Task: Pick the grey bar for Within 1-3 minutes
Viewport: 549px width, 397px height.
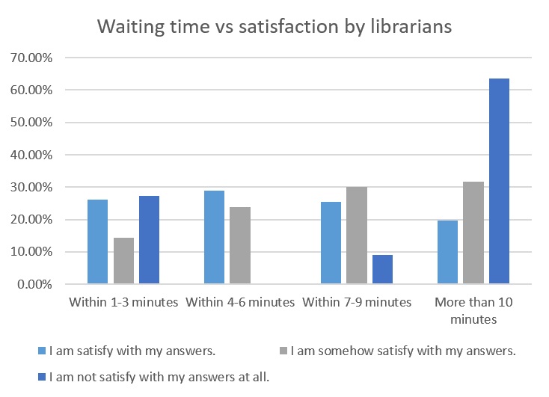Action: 123,261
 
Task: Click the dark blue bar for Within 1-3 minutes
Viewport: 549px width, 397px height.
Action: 149,240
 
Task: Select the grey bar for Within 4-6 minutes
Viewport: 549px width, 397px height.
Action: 239,245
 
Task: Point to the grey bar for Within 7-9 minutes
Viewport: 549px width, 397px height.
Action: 356,236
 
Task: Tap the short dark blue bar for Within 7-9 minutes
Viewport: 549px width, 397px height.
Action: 382,269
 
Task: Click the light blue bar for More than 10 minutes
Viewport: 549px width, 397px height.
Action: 447,252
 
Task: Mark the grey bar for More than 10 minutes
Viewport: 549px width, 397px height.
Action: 473,233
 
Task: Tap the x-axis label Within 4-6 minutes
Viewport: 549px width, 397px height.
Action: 240,303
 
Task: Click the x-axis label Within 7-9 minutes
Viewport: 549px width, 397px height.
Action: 356,303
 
